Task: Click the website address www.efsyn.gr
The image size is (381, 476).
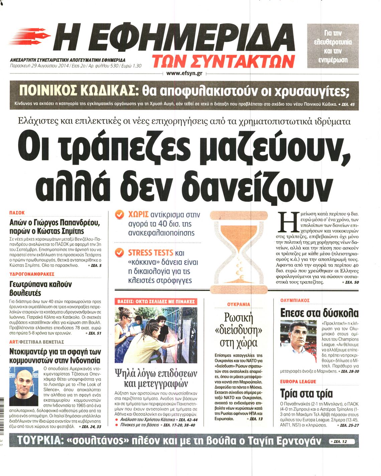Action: [x=184, y=73]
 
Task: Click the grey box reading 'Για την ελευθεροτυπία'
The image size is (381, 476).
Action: [x=333, y=46]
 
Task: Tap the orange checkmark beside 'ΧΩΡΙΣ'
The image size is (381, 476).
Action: [x=119, y=215]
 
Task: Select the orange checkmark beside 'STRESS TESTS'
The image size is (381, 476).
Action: [x=119, y=253]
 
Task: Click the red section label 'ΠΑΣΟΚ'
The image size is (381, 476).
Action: [x=17, y=213]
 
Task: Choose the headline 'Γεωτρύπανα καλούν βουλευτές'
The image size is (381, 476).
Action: [x=40, y=289]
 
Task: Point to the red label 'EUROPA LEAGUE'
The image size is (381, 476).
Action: [x=298, y=382]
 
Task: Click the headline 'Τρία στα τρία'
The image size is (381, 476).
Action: [x=306, y=393]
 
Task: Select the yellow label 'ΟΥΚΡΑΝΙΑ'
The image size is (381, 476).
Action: [x=238, y=304]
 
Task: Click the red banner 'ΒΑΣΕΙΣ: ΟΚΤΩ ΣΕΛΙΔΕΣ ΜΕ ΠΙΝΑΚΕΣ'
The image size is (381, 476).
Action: [x=156, y=302]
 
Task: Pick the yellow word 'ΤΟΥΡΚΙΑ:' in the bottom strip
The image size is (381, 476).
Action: [x=39, y=441]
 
